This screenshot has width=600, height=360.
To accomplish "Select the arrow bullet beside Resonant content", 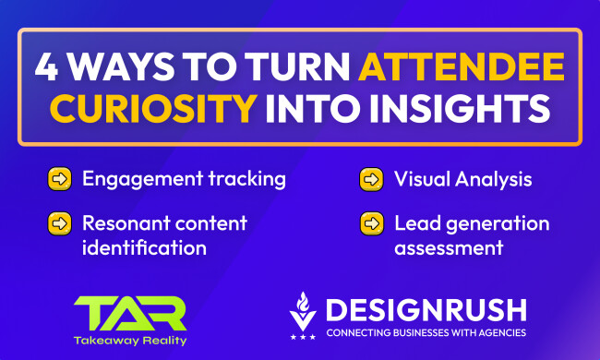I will tap(60, 224).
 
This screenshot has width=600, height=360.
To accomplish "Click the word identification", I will tap(143, 248).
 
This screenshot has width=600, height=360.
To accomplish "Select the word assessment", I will tap(448, 248).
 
